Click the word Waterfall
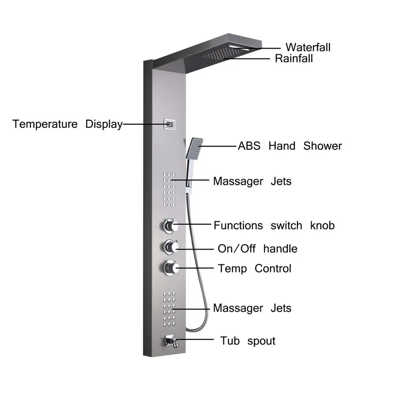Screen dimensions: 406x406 (x=308, y=47)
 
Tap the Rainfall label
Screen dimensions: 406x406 (x=294, y=58)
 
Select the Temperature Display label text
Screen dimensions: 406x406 (x=67, y=124)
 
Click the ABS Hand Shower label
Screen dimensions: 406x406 (x=290, y=146)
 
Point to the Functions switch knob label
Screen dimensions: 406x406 (x=274, y=225)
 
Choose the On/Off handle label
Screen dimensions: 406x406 (x=257, y=249)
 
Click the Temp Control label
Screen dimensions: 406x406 (x=254, y=268)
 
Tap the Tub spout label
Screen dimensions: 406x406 (x=248, y=341)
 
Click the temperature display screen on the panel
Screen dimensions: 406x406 (x=170, y=124)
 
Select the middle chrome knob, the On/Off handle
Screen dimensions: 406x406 (x=168, y=247)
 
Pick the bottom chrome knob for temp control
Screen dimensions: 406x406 (x=168, y=267)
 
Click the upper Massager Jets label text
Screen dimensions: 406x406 (x=252, y=181)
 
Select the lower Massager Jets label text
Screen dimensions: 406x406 (x=252, y=308)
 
